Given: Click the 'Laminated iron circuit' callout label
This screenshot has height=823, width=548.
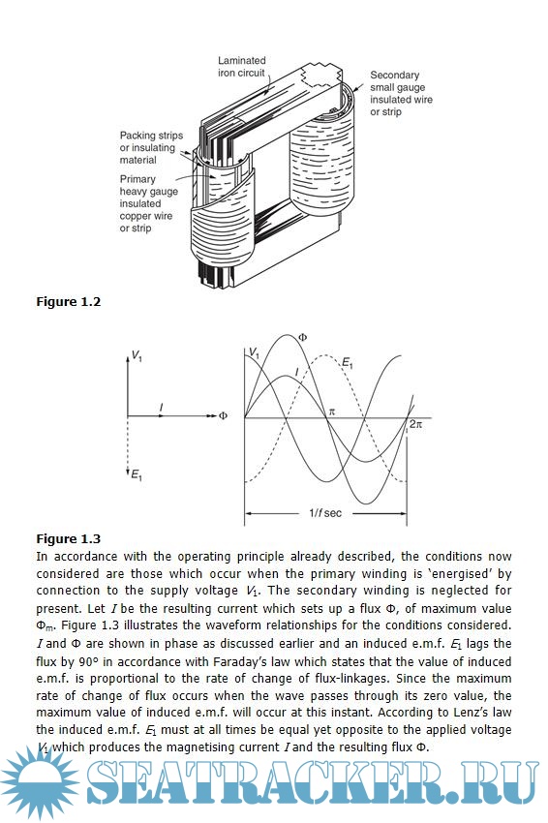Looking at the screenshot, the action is (242, 67).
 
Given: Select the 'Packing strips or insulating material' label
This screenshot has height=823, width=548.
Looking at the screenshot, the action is (151, 147).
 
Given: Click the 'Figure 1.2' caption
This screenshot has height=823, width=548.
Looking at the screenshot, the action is (68, 302).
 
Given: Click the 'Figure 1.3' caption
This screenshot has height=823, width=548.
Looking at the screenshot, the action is (68, 539).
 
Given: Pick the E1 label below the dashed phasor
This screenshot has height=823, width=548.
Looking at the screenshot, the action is (136, 475).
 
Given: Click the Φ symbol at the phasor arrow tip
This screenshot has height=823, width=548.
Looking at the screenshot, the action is (223, 416).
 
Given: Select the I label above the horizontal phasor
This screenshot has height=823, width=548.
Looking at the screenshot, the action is (161, 407).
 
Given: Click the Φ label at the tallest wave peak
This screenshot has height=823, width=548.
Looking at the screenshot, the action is (302, 338).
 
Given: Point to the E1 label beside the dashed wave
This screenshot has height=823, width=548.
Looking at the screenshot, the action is (348, 362).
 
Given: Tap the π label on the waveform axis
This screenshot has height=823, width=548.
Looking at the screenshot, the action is (331, 412).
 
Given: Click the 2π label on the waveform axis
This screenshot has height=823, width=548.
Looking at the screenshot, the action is (415, 424).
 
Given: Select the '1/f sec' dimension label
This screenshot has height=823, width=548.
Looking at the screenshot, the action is (325, 513).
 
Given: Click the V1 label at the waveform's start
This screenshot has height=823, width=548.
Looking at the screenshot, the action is (254, 352).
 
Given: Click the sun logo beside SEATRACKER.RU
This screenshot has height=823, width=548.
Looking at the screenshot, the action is (40, 783).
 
